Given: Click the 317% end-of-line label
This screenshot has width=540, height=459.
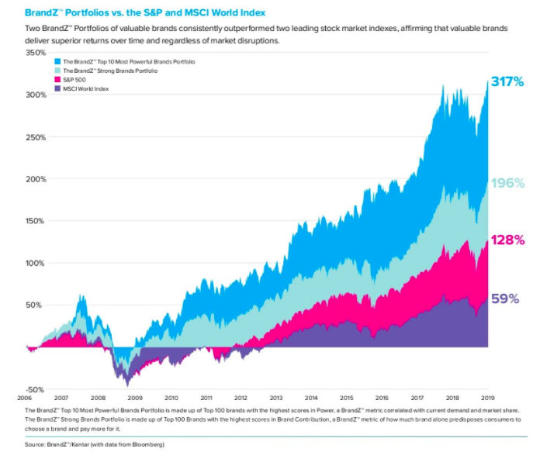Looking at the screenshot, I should tap(508, 81).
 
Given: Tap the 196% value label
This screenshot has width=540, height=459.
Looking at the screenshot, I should tap(508, 184).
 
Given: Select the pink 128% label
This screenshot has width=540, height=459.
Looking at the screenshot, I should tap(508, 240).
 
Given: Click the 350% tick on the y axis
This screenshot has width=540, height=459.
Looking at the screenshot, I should tap(36, 53).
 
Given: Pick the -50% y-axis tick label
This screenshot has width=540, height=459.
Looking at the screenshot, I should tap(36, 389).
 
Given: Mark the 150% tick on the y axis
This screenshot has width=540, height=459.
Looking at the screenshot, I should tap(36, 221).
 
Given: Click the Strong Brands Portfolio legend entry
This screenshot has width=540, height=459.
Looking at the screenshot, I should tap(109, 71).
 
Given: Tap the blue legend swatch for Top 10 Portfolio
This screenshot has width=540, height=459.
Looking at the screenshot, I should tap(57, 60).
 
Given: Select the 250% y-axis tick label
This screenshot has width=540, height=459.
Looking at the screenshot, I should tap(36, 137).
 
